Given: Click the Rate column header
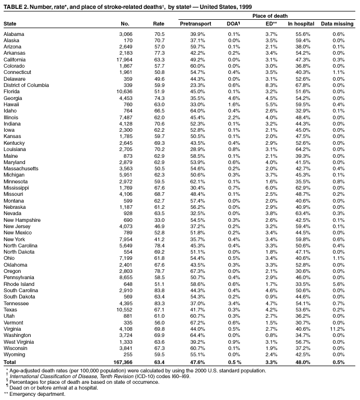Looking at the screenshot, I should tap(158, 24).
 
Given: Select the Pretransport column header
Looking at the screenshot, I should tap(196, 24).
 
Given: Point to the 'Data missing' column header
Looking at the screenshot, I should tap(337, 24).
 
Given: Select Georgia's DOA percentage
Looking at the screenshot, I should tap(234, 97).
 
